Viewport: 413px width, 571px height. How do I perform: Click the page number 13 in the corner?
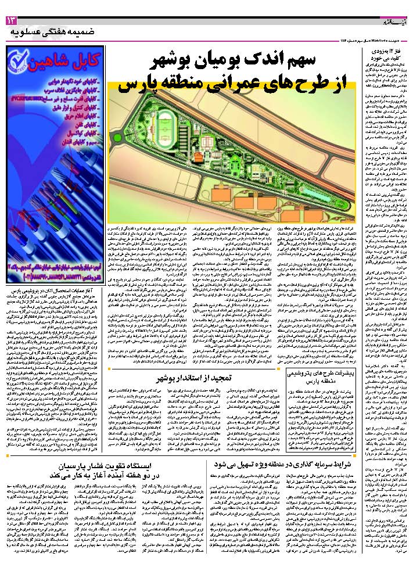(12, 21)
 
